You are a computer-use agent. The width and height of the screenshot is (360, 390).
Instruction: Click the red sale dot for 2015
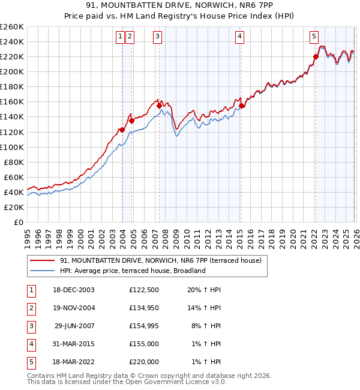coord(241,106)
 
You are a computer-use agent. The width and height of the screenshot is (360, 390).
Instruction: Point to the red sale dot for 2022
coord(316,57)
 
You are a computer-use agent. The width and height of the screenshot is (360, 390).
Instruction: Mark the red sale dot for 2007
coord(159,106)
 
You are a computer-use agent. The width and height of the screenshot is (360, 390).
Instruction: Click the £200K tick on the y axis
coord(12,71)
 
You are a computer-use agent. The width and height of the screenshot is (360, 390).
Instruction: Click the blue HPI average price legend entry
coord(132,271)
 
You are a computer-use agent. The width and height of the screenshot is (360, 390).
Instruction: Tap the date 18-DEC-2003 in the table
coord(73,290)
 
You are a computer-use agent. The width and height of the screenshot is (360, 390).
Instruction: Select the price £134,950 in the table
coord(143,308)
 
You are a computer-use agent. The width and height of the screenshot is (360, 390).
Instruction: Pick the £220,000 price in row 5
coord(143,362)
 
